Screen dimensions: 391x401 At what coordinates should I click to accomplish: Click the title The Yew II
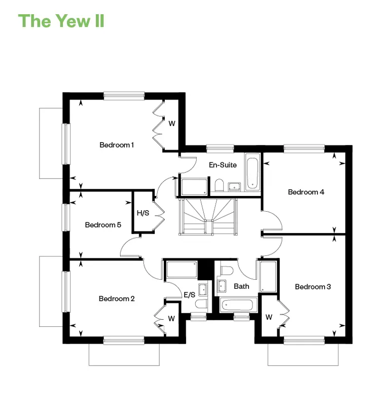pos(61,21)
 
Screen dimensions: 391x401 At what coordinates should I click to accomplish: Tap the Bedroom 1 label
pos(117,145)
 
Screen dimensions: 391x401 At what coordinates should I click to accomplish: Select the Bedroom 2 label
pos(117,298)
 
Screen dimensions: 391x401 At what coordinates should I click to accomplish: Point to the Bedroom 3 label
pos(313,287)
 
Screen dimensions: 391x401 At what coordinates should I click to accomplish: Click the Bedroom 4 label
pos(306,192)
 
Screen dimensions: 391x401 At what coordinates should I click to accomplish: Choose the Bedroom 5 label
pos(103,225)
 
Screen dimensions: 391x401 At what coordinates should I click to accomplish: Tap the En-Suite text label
pos(223,165)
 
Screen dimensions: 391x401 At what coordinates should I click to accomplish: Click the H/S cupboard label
pos(143,213)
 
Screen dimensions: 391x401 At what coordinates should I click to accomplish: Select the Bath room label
pos(241,286)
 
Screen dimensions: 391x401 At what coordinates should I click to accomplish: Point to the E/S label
pos(189,295)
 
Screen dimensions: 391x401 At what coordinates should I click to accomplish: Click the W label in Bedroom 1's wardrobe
pos(172,123)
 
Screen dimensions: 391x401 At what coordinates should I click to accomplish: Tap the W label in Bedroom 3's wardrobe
pos(269,317)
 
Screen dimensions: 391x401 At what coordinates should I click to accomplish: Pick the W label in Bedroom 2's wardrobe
pos(171,319)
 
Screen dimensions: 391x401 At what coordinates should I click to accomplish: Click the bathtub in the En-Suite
pos(253,172)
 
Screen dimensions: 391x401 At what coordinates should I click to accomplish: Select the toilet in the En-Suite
pos(219,185)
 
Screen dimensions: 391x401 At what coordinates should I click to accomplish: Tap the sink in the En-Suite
pos(234,187)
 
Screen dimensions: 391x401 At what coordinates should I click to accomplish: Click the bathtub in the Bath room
pos(238,305)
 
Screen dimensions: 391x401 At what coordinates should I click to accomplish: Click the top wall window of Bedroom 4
pos(304,148)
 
